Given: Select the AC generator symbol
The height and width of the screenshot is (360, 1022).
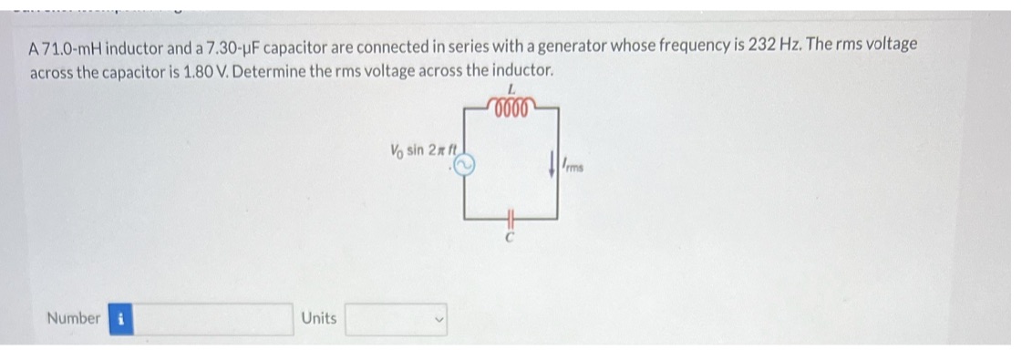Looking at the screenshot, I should pyautogui.click(x=464, y=163).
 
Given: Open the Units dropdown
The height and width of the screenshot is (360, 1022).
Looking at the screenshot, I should pyautogui.click(x=396, y=319).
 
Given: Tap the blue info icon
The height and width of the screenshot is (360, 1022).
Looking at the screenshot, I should pyautogui.click(x=120, y=319).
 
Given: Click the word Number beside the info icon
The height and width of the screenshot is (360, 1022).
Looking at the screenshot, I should pyautogui.click(x=73, y=319).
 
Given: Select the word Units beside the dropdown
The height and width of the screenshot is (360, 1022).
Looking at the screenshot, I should pyautogui.click(x=318, y=319).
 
